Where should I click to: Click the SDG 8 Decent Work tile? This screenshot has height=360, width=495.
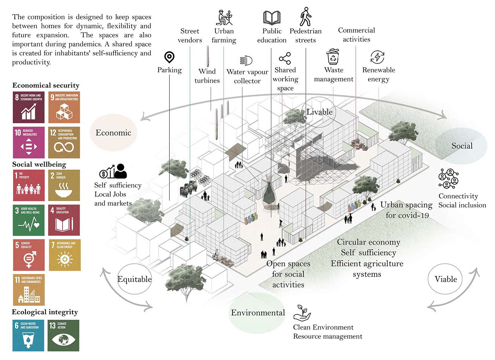click(29, 107)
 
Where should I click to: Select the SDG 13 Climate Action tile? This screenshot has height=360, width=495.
click(64, 335)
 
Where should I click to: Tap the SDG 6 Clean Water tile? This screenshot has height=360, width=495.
click(28, 335)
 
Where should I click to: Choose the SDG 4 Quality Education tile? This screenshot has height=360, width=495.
click(64, 220)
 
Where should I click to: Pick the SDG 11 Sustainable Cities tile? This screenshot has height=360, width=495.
click(29, 290)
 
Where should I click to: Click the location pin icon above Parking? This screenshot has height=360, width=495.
click(169, 57)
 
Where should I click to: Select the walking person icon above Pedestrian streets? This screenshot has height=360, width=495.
click(305, 17)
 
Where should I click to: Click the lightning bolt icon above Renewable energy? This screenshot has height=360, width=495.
click(377, 57)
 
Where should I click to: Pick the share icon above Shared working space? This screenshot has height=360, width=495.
click(285, 58)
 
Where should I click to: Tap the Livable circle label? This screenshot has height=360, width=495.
click(319, 112)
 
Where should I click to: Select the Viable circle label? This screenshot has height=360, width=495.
click(445, 279)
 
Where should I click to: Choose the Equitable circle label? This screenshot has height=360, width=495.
click(134, 279)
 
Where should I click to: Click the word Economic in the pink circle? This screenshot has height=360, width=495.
click(113, 133)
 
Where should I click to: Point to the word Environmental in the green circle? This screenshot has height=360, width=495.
click(258, 313)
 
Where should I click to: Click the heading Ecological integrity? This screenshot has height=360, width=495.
click(45, 312)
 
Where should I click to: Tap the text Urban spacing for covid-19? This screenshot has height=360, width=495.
click(407, 210)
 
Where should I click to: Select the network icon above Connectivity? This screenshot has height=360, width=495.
click(448, 179)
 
